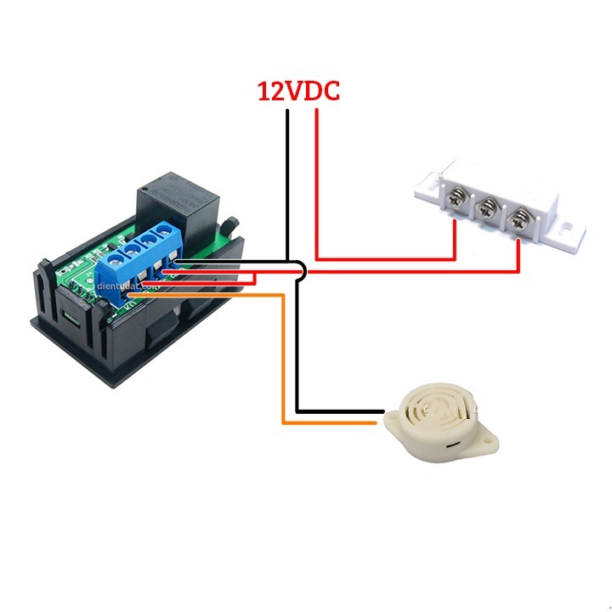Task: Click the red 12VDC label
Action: tap(298, 91)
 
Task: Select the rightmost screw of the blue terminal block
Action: tap(169, 240)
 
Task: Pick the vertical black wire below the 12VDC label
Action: tap(288, 170)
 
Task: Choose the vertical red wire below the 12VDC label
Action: tap(316, 170)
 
